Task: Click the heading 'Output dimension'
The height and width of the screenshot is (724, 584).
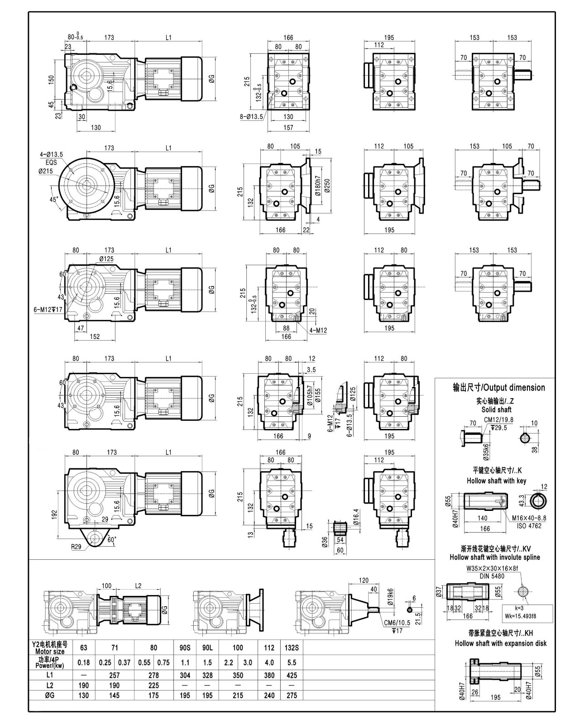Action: pyautogui.click(x=499, y=387)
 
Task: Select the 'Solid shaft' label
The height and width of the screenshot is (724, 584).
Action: pyautogui.click(x=497, y=410)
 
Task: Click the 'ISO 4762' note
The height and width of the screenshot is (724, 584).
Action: pyautogui.click(x=529, y=525)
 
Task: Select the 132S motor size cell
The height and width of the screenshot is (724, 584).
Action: pyautogui.click(x=292, y=648)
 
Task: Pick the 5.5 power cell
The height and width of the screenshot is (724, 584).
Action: pyautogui.click(x=292, y=662)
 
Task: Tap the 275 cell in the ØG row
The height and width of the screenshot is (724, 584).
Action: pyautogui.click(x=292, y=695)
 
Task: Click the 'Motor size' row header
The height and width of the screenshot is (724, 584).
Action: pyautogui.click(x=50, y=652)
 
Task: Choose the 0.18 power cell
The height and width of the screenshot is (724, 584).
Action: pyautogui.click(x=84, y=662)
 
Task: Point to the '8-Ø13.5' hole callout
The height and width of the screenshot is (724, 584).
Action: pyautogui.click(x=252, y=117)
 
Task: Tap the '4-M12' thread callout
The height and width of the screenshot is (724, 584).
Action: pyautogui.click(x=318, y=330)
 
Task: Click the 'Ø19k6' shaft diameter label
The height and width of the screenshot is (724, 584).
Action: pyautogui.click(x=390, y=594)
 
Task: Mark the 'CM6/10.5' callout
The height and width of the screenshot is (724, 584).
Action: pyautogui.click(x=397, y=623)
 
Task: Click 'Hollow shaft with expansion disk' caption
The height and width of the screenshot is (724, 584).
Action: pyautogui.click(x=500, y=643)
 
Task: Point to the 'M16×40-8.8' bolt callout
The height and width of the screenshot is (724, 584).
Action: pyautogui.click(x=529, y=518)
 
